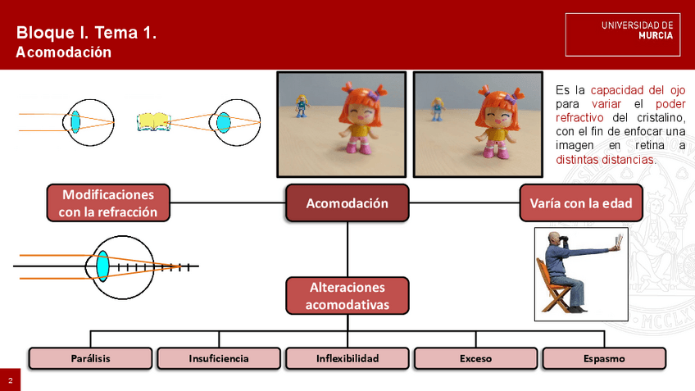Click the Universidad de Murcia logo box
click(x=623, y=34)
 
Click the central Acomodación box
click(x=347, y=202)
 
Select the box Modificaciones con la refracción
click(x=108, y=202)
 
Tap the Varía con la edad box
click(x=581, y=202)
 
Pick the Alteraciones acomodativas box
click(x=347, y=296)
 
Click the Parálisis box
click(x=90, y=358)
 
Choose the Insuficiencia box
click(x=219, y=358)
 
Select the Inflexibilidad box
click(x=347, y=358)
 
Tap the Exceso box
click(x=475, y=358)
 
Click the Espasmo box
click(x=604, y=358)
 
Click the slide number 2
click(x=10, y=381)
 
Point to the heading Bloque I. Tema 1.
click(x=86, y=34)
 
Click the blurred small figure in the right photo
click(x=438, y=107)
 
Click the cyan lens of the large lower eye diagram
click(x=102, y=266)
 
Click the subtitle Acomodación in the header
click(x=64, y=52)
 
